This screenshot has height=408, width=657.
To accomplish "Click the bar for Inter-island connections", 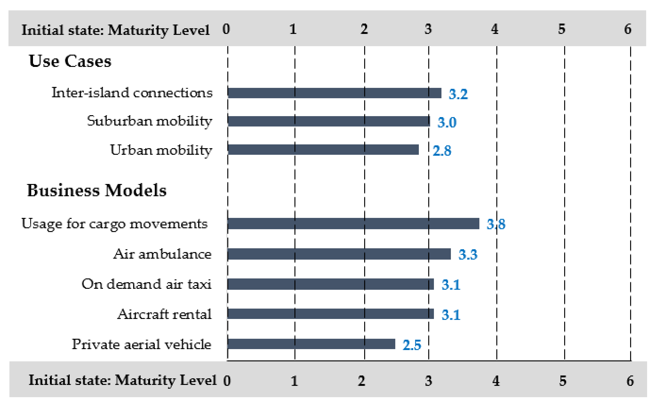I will pos(335,93).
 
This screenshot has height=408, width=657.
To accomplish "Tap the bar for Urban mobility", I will pos(323,150).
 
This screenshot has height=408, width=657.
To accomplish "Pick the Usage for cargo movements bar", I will pos(353,224).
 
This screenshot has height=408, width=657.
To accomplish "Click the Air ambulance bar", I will pos(339,254).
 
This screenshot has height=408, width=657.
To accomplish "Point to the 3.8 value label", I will pos(496,224).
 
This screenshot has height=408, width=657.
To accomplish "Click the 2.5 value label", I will pos(412,345).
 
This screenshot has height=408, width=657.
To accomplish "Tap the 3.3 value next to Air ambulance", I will pos(468,255).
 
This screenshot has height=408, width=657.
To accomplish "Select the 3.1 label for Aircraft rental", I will pos(451,315).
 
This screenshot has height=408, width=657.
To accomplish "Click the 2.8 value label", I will pos(442,151).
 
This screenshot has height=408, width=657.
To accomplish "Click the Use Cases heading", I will pos(70,61).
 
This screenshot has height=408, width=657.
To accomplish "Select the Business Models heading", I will pos(97,191).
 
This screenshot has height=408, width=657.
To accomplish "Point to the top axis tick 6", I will pos(628,29).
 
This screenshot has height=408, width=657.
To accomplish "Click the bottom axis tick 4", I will pos(496,381).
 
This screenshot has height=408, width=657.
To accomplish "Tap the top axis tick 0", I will pos(226,29).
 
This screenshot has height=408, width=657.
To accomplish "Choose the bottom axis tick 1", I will pos(294,381).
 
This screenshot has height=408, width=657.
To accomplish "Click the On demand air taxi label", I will pos(147,284).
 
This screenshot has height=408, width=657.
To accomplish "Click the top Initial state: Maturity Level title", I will pos(115,30).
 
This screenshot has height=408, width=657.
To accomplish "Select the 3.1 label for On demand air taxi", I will pos(451,285).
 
